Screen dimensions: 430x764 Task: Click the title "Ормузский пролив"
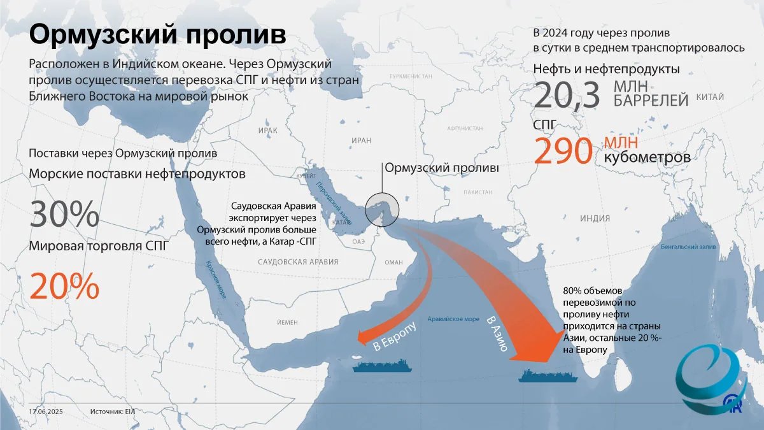point(157,35)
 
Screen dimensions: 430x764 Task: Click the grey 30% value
point(64,215)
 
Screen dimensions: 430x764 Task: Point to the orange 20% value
point(64,286)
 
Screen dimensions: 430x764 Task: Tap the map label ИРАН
point(361,140)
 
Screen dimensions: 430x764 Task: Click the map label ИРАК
point(268,130)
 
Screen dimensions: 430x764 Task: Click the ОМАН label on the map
point(394,262)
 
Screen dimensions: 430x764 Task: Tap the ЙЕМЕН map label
point(288,322)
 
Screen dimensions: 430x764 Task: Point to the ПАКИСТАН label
point(478,192)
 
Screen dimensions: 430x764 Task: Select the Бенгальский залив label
point(688,247)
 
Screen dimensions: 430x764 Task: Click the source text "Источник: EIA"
point(113,412)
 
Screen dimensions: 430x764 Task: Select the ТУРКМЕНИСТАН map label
point(411,76)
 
